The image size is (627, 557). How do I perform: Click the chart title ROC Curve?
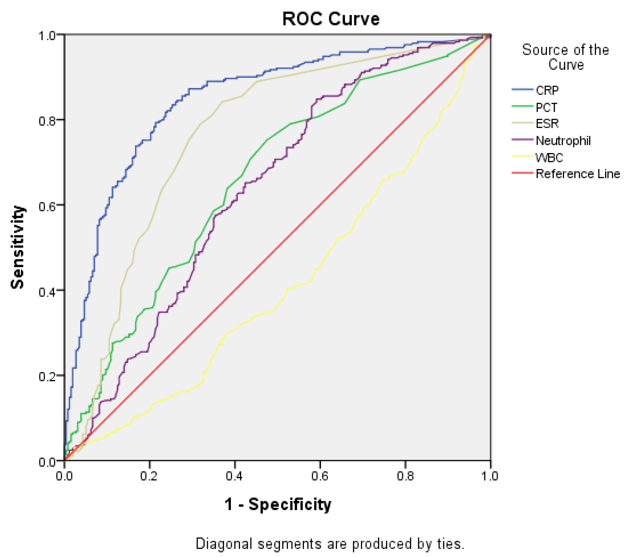(330, 19)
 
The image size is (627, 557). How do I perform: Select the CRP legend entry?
(547, 90)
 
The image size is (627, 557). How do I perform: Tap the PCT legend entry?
(546, 108)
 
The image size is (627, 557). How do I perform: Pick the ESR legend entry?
(547, 124)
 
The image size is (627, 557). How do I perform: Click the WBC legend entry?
(549, 158)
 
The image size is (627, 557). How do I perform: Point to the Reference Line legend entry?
(578, 174)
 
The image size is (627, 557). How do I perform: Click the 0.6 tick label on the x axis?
(320, 476)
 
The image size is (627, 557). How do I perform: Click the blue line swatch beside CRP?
(522, 89)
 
